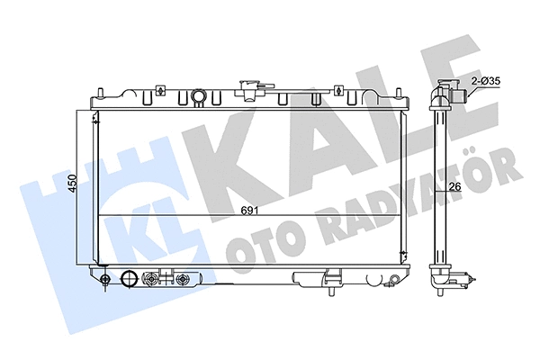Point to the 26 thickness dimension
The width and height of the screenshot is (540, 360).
pos(455,187)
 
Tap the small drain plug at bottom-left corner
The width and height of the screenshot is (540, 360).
pos(106,280)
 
